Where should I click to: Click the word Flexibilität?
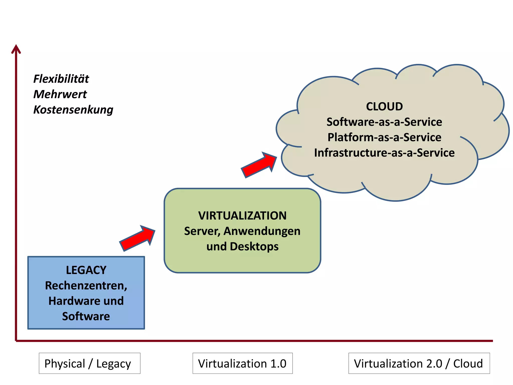pos(61,79)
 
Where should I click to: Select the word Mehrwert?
pos(60,94)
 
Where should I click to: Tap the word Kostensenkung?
pos(73,110)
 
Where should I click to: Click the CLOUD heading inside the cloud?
pos(384,107)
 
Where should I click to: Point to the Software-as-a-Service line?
pos(384,122)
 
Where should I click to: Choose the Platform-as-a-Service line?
pos(384,137)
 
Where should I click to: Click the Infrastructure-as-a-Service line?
pos(384,153)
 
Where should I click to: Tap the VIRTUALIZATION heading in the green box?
pos(242,216)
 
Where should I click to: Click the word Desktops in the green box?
pos(254,247)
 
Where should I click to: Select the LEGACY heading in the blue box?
pos(86,270)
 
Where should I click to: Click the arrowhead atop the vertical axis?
pos(16,49)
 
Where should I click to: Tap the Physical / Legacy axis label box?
pos(89,363)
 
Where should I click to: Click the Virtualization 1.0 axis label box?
pos(242,363)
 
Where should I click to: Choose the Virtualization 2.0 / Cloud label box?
pos(419,363)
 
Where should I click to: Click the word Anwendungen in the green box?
pos(262,231)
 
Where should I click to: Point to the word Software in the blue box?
pos(86,316)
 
